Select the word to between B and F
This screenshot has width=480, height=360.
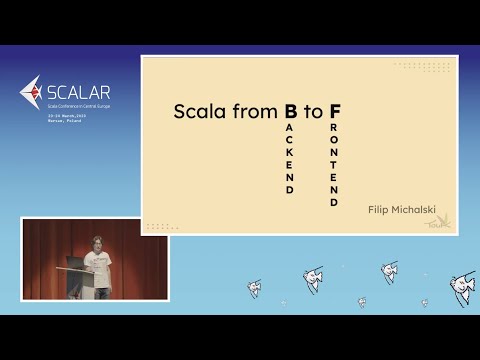click(313, 112)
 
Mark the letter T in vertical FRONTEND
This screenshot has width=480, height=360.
click(334, 164)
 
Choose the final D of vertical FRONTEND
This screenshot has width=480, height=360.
click(334, 202)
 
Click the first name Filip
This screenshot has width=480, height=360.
click(379, 210)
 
